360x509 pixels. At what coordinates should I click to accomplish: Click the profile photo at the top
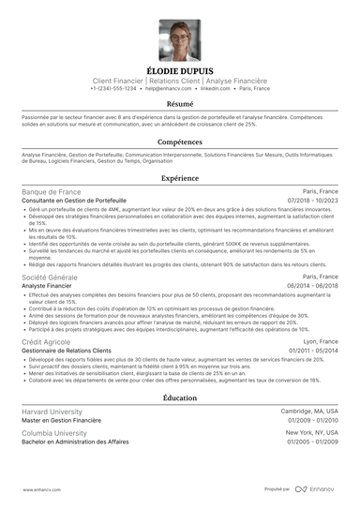[x=179, y=40]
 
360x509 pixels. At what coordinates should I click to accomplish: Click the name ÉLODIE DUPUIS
[x=179, y=69]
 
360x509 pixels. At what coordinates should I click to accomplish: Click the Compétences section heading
[x=179, y=141]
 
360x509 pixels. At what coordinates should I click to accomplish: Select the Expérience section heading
[x=179, y=177]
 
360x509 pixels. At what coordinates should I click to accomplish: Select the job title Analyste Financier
[x=52, y=286]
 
